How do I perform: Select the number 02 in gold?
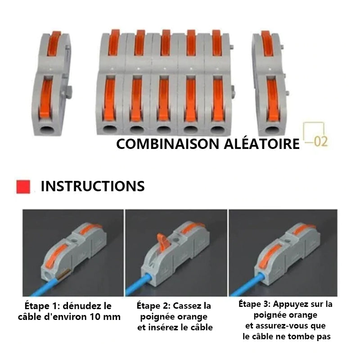tap(320, 142)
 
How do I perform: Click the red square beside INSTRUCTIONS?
tap(23, 186)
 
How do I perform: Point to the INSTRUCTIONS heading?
tap(93, 186)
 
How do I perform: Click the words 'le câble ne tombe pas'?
tap(286, 337)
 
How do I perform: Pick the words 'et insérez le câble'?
tap(175, 327)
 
